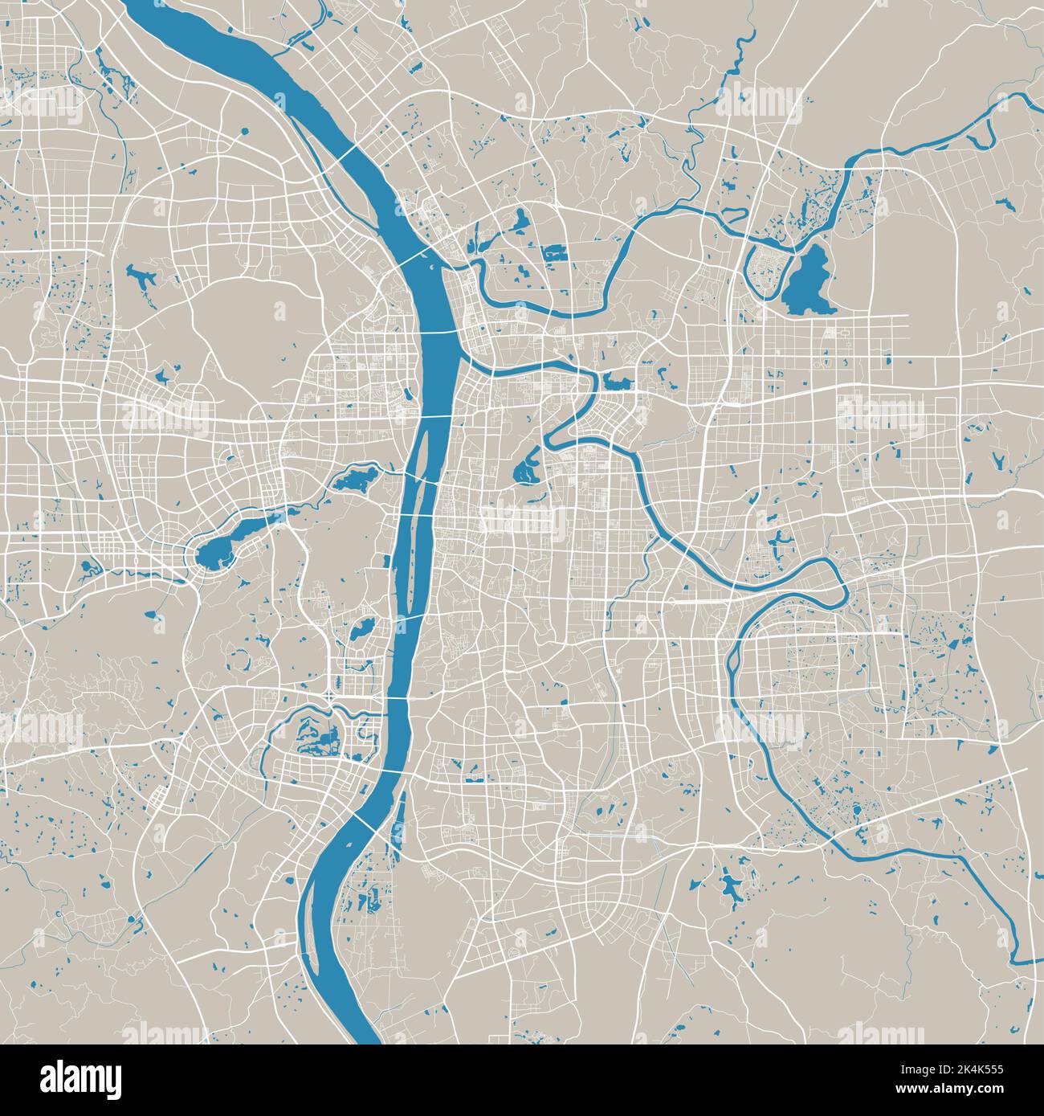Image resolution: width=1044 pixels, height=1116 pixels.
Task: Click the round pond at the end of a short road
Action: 243,129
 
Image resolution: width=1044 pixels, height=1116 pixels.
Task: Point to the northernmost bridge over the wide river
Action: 348,153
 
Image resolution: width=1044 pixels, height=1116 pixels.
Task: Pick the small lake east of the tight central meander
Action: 618,382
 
